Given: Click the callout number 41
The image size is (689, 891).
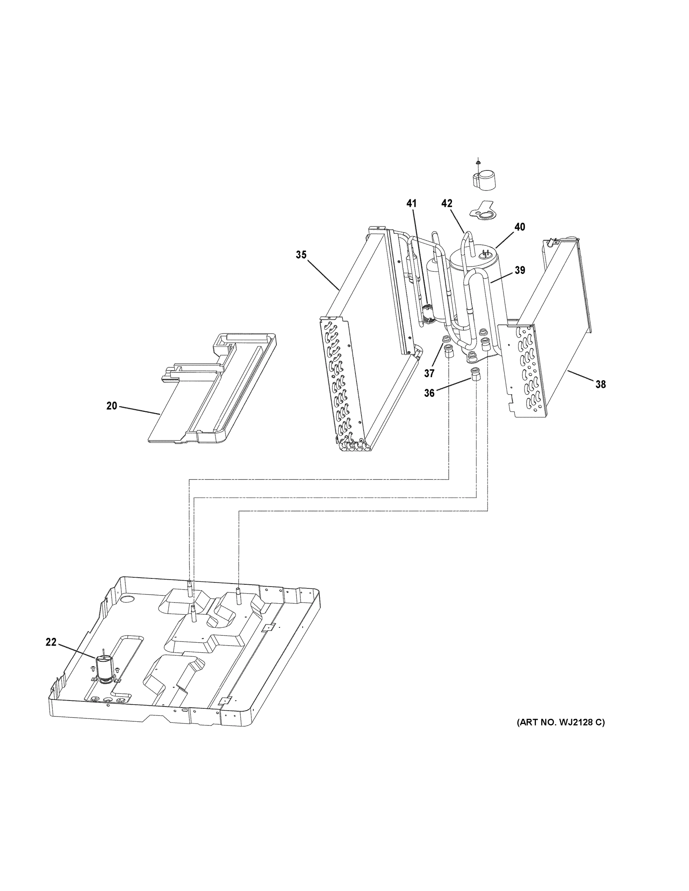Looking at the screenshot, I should pos(412,203).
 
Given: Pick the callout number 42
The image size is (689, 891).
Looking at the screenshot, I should pos(447,203).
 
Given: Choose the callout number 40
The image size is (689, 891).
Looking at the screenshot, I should pos(519,227).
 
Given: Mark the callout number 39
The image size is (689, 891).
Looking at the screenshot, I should pos(520,270).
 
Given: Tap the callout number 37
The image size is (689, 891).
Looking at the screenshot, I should pos(429,373).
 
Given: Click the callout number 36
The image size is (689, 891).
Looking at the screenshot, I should pos(429,392).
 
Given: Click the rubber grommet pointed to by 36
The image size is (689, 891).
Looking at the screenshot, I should pos(475,373).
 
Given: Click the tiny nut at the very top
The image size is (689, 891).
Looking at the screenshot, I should pos(478,162).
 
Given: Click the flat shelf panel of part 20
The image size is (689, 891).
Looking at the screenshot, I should pos(176,412).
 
